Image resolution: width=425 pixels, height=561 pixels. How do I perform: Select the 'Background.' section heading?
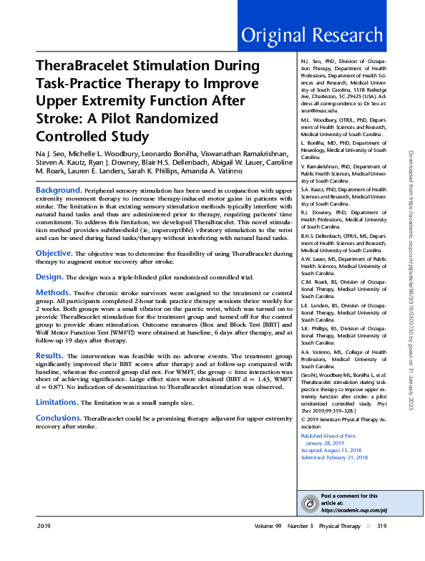(59, 190)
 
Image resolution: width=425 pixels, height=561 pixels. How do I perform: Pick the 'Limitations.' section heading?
(58, 402)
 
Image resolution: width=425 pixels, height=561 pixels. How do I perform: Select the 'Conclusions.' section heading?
(59, 417)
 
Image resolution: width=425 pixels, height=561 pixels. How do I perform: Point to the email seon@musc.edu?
(316, 109)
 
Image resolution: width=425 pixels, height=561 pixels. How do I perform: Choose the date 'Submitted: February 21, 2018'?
(335, 456)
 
